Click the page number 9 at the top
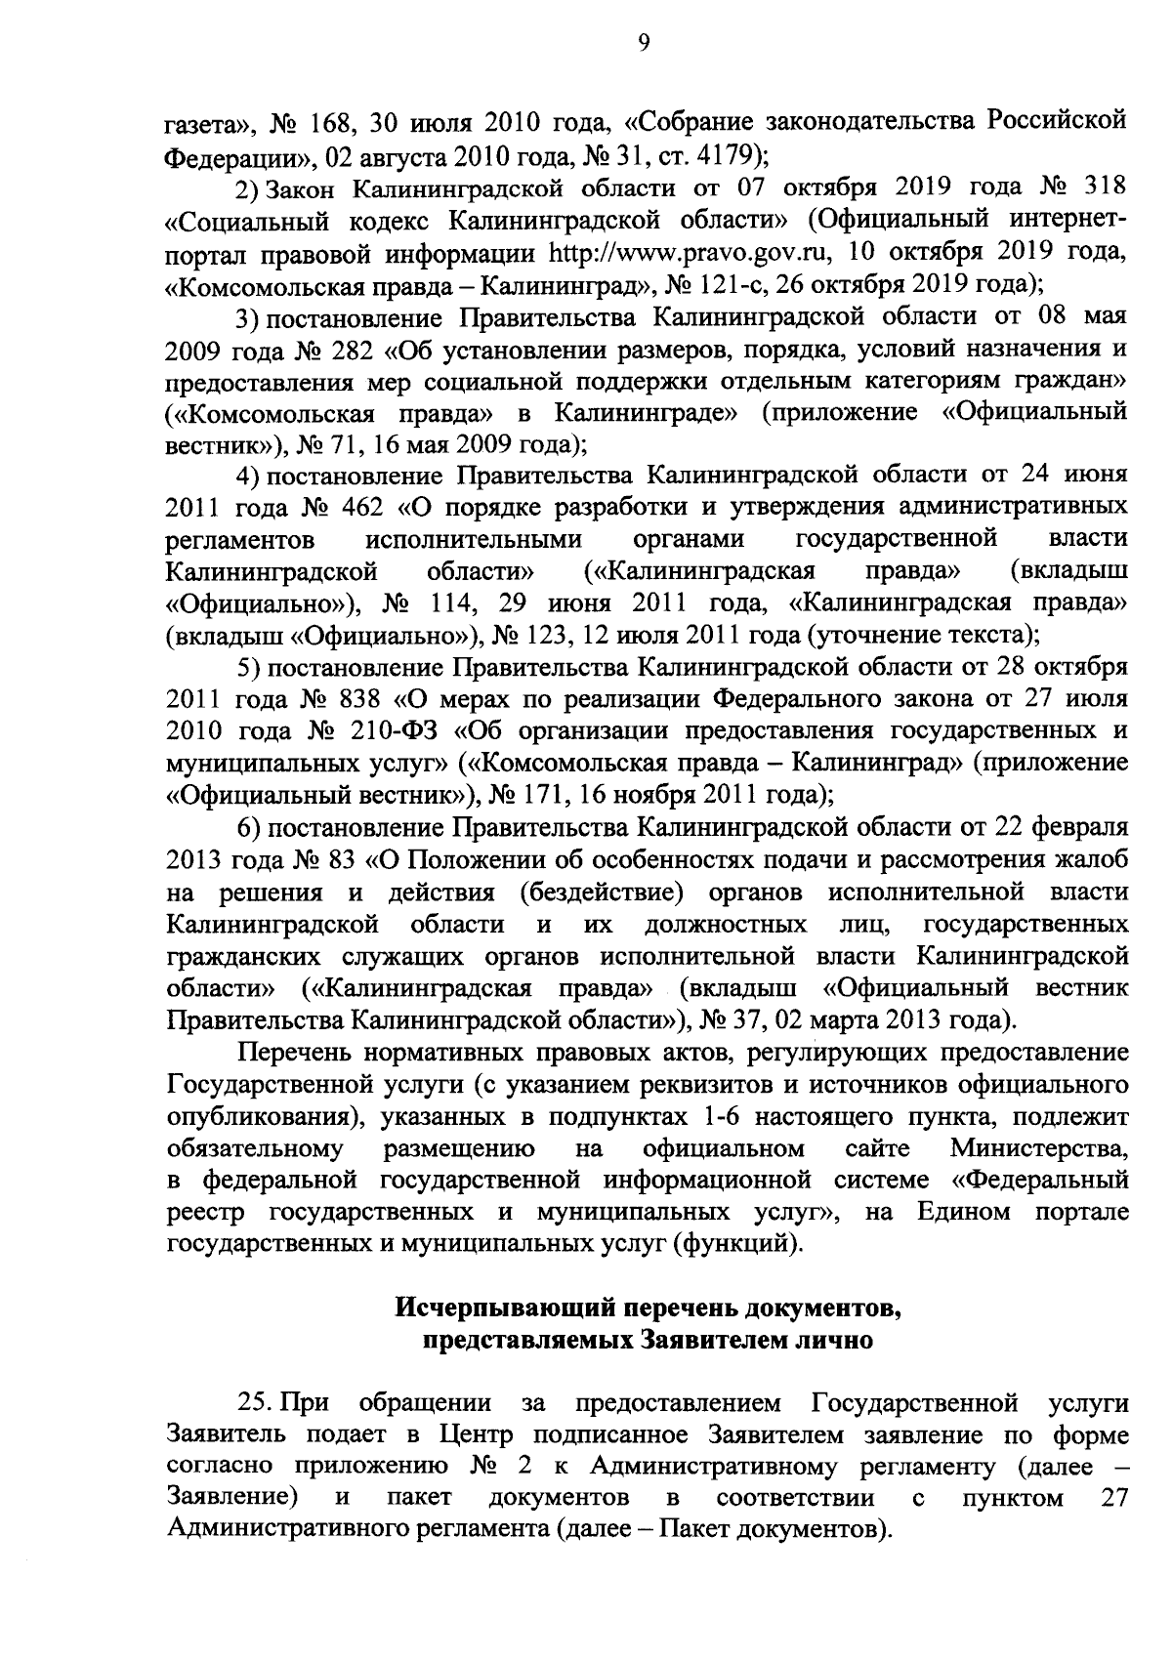pyautogui.click(x=644, y=42)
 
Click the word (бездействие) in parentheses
pyautogui.click(x=600, y=892)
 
